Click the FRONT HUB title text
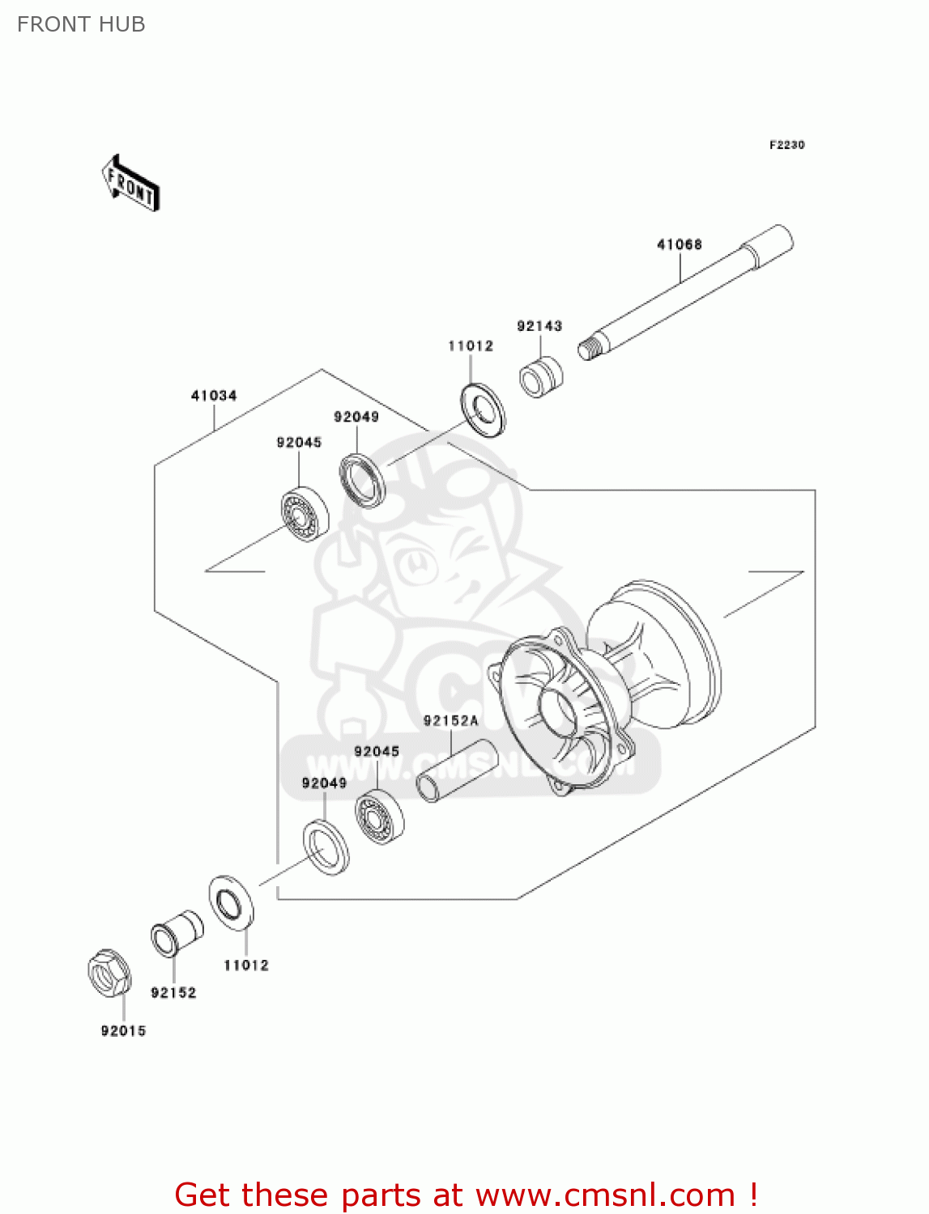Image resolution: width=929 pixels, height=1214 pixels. tap(81, 24)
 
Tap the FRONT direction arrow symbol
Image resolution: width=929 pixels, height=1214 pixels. tap(130, 184)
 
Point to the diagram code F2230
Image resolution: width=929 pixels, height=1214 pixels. tap(786, 145)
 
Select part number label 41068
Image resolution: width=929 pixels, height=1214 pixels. tap(679, 244)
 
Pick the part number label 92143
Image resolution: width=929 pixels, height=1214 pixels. tap(539, 326)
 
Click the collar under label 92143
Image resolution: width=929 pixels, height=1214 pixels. tap(540, 377)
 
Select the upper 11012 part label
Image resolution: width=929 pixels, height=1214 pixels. tap(471, 346)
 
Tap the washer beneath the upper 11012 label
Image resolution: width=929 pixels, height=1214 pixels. tap(483, 410)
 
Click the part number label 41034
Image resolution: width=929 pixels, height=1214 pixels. tap(214, 396)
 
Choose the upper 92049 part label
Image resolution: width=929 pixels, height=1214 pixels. tap(356, 417)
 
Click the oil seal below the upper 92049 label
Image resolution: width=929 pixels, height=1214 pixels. tap(362, 482)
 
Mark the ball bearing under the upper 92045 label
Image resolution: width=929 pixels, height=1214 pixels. tap(305, 514)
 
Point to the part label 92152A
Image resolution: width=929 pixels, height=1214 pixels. tap(450, 720)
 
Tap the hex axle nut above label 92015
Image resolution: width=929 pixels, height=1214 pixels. tap(109, 973)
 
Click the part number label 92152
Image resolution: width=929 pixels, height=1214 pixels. tap(173, 993)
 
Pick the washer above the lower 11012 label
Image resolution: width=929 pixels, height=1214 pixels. tap(231, 902)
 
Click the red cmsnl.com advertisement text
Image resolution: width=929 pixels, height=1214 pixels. tap(466, 1195)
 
